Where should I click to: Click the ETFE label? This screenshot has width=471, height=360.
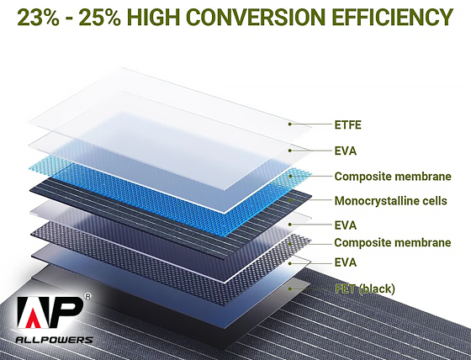349,126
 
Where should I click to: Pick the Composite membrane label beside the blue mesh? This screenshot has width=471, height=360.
393,177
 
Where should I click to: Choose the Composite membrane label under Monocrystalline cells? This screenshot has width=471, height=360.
393,242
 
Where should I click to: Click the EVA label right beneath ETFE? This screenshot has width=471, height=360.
346,151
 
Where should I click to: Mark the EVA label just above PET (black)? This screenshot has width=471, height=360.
346,263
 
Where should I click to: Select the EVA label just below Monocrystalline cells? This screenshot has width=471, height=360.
346,225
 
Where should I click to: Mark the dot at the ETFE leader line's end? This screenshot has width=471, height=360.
289,124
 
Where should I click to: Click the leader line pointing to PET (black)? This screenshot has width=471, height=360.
311,289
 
